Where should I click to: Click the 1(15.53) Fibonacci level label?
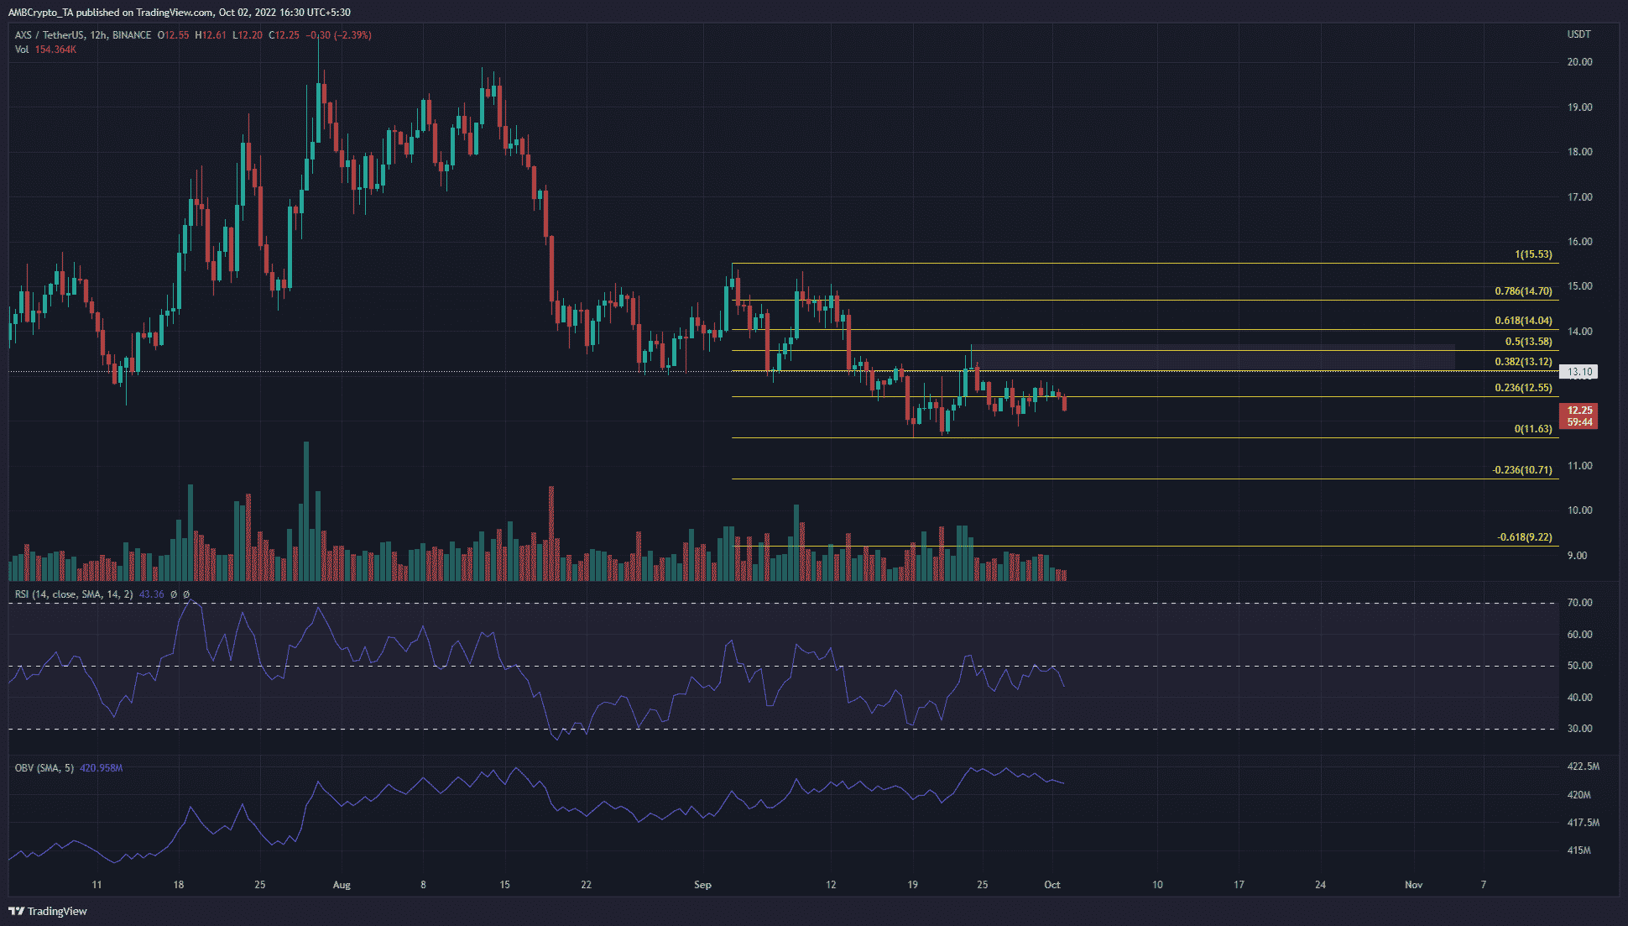1533,254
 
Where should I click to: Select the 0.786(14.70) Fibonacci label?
1523,291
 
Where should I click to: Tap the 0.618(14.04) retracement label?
1523,321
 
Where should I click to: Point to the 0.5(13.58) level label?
1528,342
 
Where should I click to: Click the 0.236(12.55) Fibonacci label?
1523,388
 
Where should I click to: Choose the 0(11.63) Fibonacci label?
1532,429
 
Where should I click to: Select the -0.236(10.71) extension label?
1521,470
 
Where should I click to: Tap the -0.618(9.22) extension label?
1524,537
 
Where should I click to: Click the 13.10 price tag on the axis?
1579,371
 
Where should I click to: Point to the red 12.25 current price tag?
1578,411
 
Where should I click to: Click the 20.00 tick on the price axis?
1579,62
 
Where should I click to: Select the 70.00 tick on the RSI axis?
1579,603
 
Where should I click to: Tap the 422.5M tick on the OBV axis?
1583,766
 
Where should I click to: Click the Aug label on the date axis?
342,885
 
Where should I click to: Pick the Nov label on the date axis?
1413,885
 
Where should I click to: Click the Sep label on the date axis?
702,885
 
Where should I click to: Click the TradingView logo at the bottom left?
48,911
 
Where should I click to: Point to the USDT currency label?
1578,34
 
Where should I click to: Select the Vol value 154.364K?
55,50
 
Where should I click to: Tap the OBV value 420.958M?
101,768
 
